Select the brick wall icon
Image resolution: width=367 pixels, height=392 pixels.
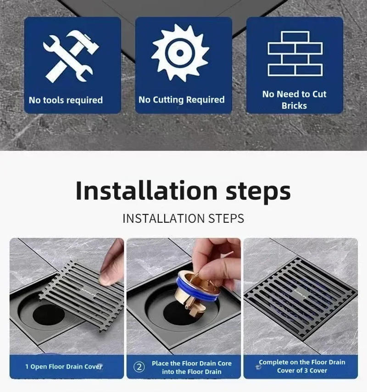coord(295,53)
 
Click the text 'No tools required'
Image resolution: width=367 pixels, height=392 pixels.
coord(66,100)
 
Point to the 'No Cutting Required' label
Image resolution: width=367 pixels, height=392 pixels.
coord(182,99)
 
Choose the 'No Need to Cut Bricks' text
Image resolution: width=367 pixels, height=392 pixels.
coord(294,99)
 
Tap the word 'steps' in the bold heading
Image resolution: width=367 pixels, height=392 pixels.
coord(258,191)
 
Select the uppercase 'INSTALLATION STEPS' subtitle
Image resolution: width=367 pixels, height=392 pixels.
coord(183,218)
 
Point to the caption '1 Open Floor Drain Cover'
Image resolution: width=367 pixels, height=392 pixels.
coord(64,367)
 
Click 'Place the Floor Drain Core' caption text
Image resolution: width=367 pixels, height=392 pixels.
coord(192,363)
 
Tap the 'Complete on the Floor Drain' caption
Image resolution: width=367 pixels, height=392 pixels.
coord(302,362)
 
